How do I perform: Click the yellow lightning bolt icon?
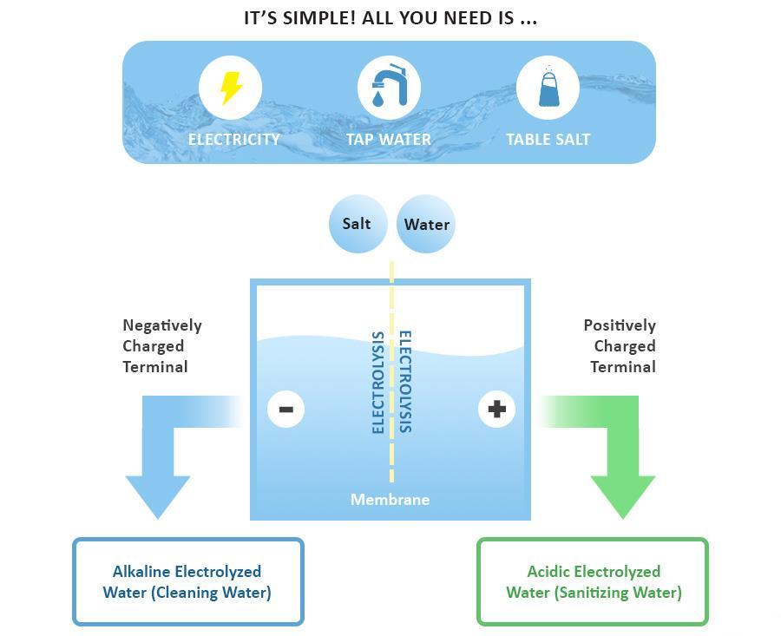[x=230, y=88]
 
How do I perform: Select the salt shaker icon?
[x=548, y=88]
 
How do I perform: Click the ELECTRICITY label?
[x=234, y=139]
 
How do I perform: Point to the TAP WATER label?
[x=389, y=139]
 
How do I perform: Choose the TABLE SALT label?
[x=548, y=139]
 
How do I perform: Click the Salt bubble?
[x=357, y=224]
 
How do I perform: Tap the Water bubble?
[x=426, y=224]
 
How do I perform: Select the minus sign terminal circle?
[x=286, y=409]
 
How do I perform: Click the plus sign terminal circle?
[x=496, y=409]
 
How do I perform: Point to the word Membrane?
[x=390, y=500]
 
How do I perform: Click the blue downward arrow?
[x=158, y=469]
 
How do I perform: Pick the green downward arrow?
[x=622, y=469]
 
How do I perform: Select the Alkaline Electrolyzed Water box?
[x=187, y=581]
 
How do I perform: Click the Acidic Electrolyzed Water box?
[x=593, y=581]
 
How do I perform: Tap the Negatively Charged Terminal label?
[x=161, y=345]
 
